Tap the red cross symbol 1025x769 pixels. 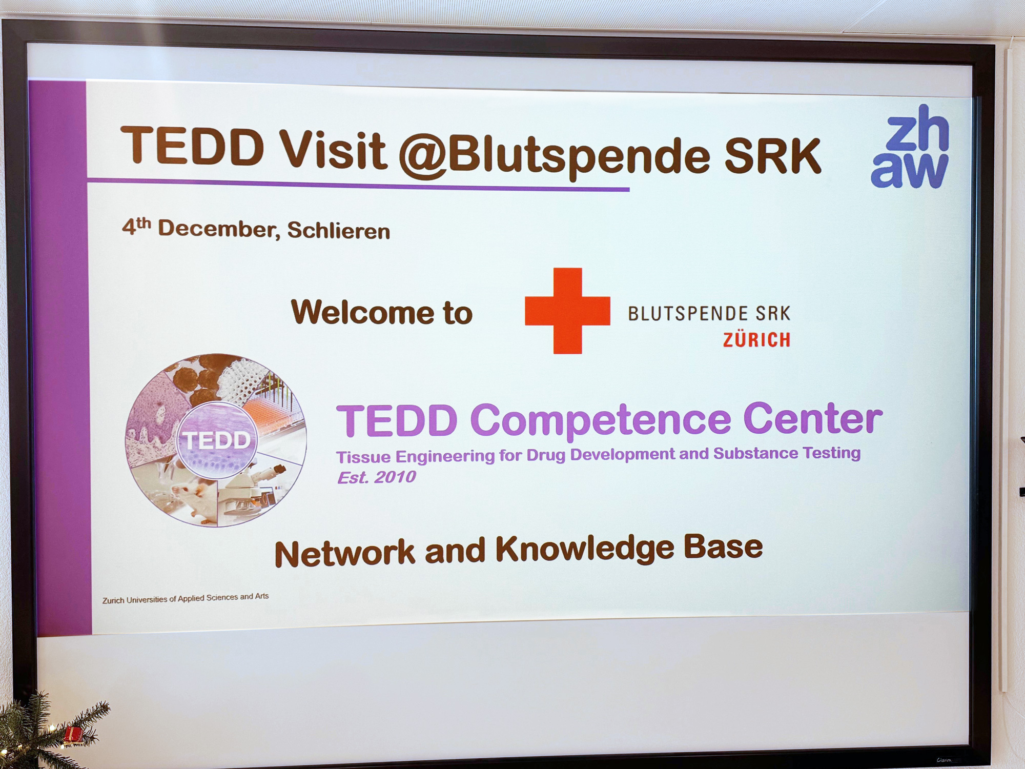[567, 311]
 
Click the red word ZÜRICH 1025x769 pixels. [756, 340]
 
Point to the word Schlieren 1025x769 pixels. [338, 231]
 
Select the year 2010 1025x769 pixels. [395, 477]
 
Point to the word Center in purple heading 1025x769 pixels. [813, 418]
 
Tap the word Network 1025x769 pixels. [344, 553]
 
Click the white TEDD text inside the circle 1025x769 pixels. [217, 440]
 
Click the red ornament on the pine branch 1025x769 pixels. [73, 735]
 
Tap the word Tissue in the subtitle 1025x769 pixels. [363, 457]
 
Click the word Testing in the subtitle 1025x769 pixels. [831, 454]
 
